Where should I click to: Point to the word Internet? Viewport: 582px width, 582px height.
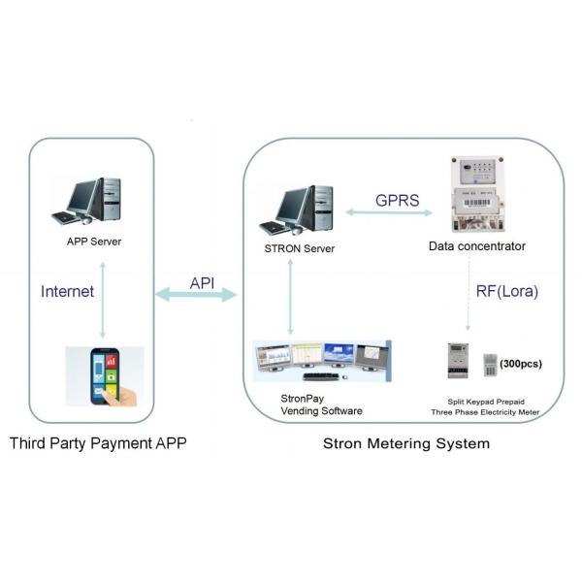pos(67,290)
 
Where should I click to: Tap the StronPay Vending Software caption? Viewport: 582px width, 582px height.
pos(308,404)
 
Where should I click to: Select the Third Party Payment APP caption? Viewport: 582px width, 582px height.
pos(98,444)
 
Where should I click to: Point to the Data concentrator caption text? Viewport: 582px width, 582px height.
pos(476,246)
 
